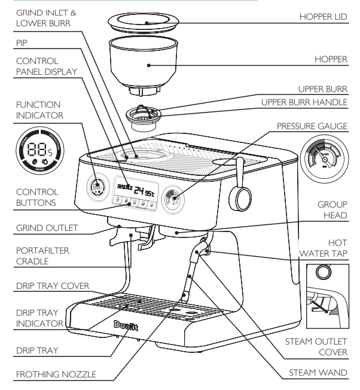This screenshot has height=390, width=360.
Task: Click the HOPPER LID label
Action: [323, 17]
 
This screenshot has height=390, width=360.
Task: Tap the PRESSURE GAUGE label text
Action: [312, 127]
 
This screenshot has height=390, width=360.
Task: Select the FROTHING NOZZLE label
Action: [56, 375]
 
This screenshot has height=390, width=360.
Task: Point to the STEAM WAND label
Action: [318, 373]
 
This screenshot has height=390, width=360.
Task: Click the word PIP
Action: [22, 43]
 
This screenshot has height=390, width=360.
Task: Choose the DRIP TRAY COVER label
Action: [53, 286]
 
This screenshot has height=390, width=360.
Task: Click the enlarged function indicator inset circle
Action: [39, 150]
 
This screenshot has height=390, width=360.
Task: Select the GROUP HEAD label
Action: [332, 210]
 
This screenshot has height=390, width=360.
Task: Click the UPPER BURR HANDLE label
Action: [304, 102]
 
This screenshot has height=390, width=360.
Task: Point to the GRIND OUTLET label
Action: [47, 228]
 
